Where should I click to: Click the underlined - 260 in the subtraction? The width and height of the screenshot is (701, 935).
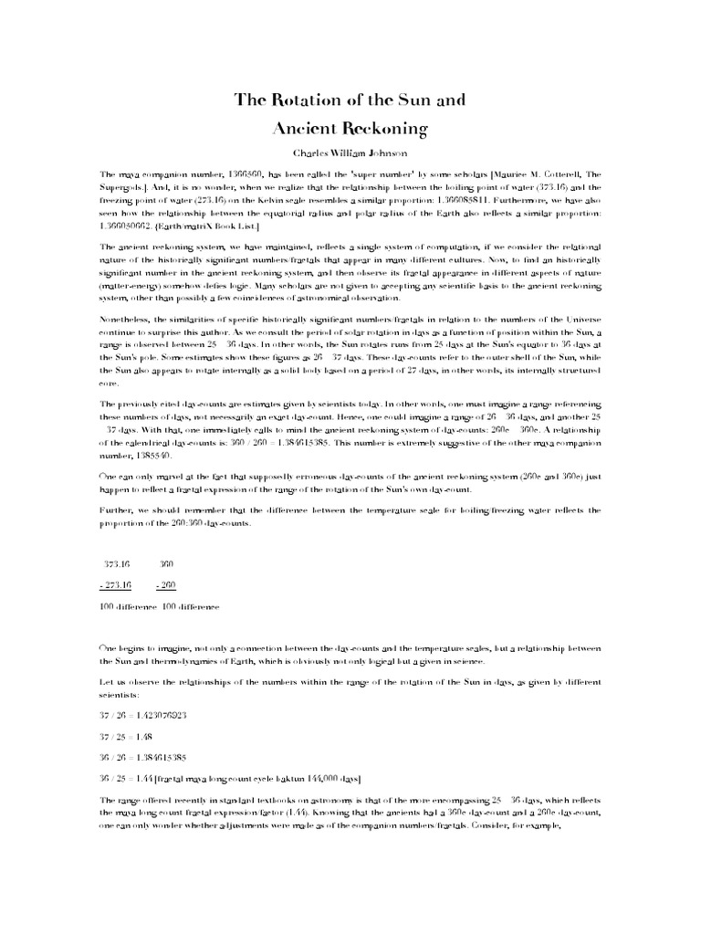point(165,585)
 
